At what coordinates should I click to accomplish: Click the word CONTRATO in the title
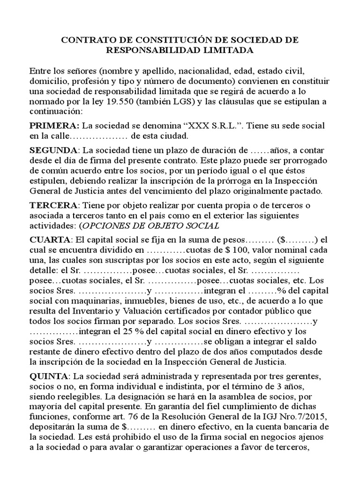click(84, 40)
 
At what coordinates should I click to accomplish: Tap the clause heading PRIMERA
click(54, 126)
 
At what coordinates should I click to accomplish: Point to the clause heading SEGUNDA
click(53, 150)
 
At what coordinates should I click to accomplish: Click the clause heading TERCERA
click(53, 205)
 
